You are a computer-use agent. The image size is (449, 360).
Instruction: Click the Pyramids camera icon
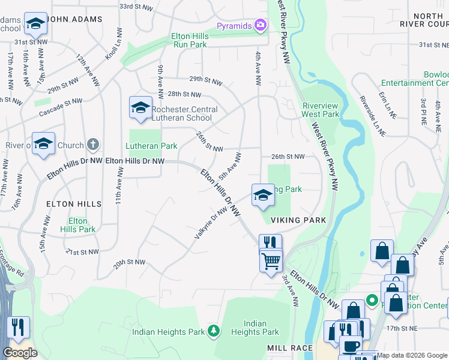point(261,25)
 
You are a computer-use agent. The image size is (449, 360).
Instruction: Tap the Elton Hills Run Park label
point(190,40)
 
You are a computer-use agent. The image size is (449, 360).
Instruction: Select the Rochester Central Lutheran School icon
point(140,107)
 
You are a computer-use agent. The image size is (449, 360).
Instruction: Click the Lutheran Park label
point(151,146)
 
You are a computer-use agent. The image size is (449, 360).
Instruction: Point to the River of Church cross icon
point(92,145)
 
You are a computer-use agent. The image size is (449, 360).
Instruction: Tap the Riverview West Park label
point(321,110)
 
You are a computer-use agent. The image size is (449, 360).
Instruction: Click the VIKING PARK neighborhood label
point(298,220)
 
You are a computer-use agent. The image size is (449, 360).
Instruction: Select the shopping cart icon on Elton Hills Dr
point(271,261)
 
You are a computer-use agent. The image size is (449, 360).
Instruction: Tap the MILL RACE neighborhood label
point(291,348)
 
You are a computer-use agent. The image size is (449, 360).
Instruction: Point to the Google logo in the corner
point(20,353)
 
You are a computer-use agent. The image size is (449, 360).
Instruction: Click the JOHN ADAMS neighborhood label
point(74,19)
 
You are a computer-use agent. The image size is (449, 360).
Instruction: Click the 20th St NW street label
point(130,262)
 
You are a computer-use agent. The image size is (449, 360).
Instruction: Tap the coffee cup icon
point(351,346)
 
